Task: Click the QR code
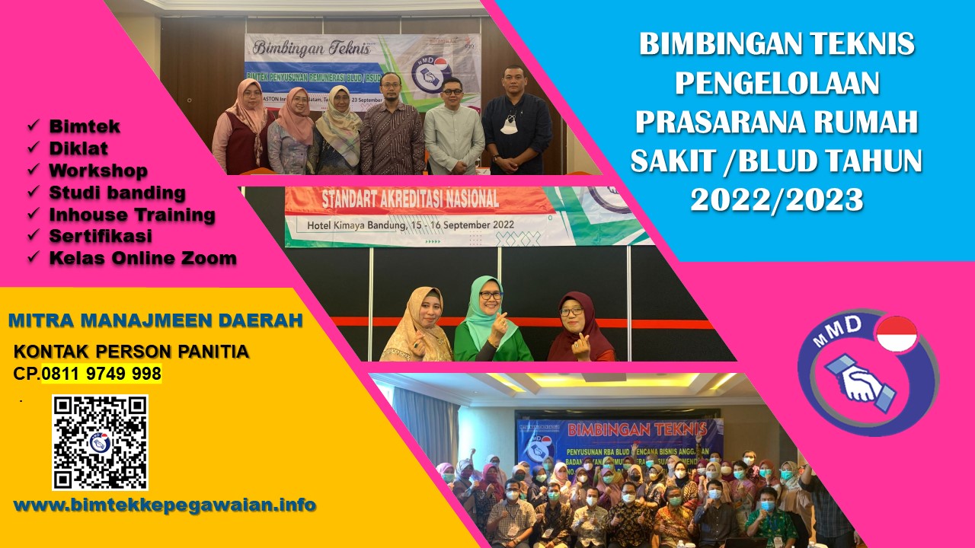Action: (100, 442)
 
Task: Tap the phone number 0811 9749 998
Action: (101, 374)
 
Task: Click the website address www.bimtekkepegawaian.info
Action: (165, 505)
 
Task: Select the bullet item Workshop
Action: (98, 170)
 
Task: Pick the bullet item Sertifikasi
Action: (101, 236)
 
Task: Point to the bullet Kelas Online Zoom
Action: (142, 258)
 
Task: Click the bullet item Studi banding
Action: (117, 193)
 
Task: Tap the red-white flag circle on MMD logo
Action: (897, 335)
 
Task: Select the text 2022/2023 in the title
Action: (777, 199)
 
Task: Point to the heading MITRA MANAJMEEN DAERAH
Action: (155, 320)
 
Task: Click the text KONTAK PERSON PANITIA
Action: (132, 352)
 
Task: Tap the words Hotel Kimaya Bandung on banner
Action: (361, 225)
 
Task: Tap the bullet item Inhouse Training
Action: (132, 215)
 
